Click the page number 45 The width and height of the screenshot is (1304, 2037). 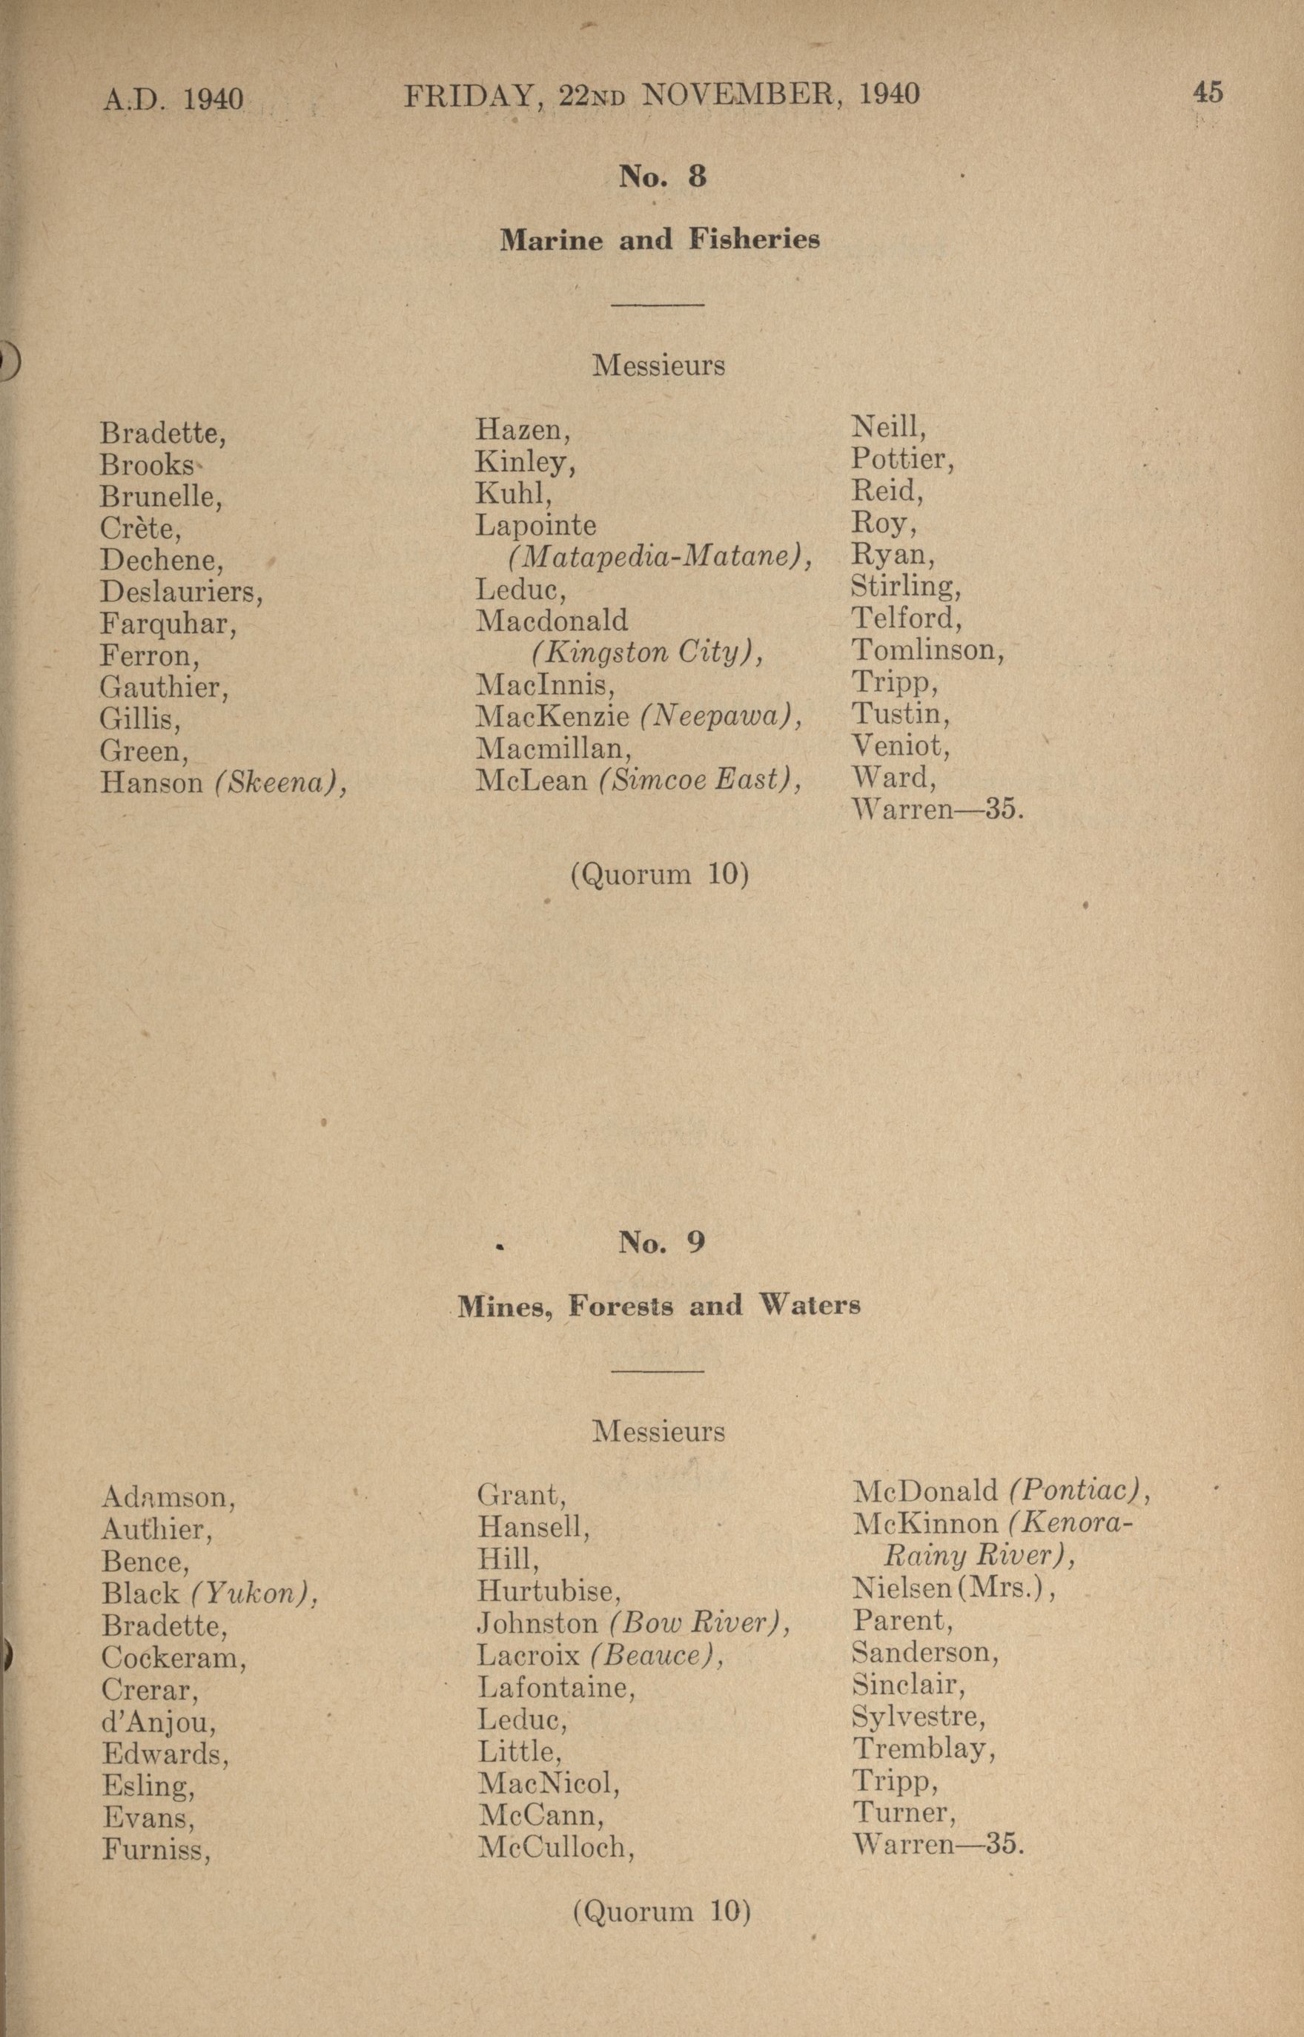coord(1208,93)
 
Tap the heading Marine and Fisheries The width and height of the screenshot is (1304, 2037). coord(660,240)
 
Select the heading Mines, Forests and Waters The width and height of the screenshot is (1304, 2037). coord(659,1306)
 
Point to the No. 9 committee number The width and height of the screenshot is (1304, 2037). coord(661,1243)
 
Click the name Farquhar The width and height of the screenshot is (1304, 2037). coord(168,624)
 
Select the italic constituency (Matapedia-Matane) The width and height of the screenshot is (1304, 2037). coord(660,555)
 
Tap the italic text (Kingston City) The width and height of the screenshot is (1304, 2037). coord(647,652)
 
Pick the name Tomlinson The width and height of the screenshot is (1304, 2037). coord(927,650)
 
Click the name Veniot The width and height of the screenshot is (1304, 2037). coord(900,746)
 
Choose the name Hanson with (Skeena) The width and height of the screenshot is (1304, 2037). coord(224,782)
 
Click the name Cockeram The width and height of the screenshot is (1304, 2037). coord(173,1657)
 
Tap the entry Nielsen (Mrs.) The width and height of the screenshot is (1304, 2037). coord(953,1587)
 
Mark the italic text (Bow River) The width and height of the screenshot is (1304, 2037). coord(699,1624)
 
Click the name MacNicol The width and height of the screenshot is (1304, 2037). coord(549,1785)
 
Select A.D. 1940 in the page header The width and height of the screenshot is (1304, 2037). coord(173,99)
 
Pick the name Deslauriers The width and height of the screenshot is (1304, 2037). coord(181,591)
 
